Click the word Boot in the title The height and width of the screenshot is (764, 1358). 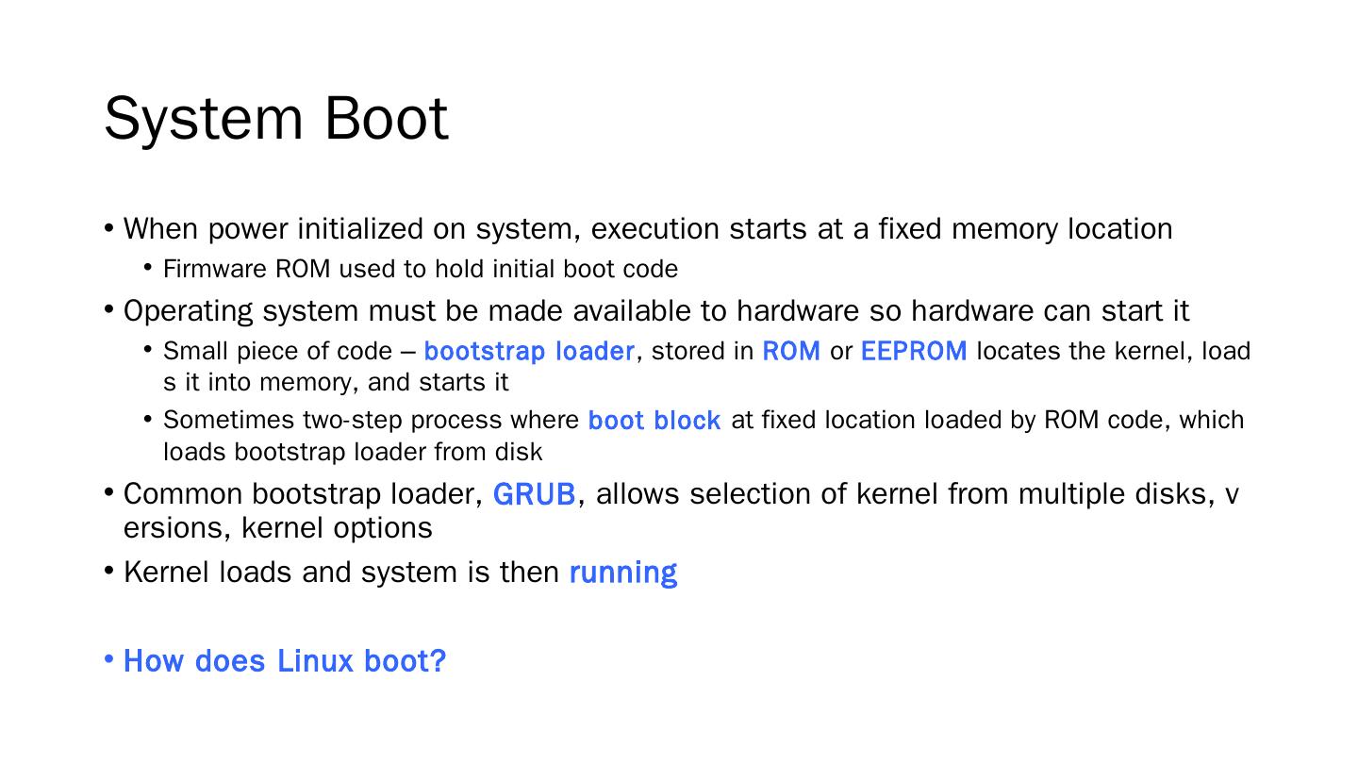387,119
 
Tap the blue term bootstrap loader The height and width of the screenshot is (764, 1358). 529,351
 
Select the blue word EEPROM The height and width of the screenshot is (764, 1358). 914,351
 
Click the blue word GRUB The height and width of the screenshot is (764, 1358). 534,494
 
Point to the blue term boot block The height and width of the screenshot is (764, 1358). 654,421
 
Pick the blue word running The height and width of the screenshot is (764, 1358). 623,573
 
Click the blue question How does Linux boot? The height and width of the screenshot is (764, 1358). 284,661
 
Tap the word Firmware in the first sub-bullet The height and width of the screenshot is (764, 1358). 215,269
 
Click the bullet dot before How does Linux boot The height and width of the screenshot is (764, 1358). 109,659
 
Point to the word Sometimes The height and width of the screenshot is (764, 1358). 228,420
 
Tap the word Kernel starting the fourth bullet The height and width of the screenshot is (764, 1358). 166,573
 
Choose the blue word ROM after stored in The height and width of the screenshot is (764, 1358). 791,351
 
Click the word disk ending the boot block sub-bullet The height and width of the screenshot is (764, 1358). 519,452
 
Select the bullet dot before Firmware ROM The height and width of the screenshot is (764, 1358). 148,268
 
